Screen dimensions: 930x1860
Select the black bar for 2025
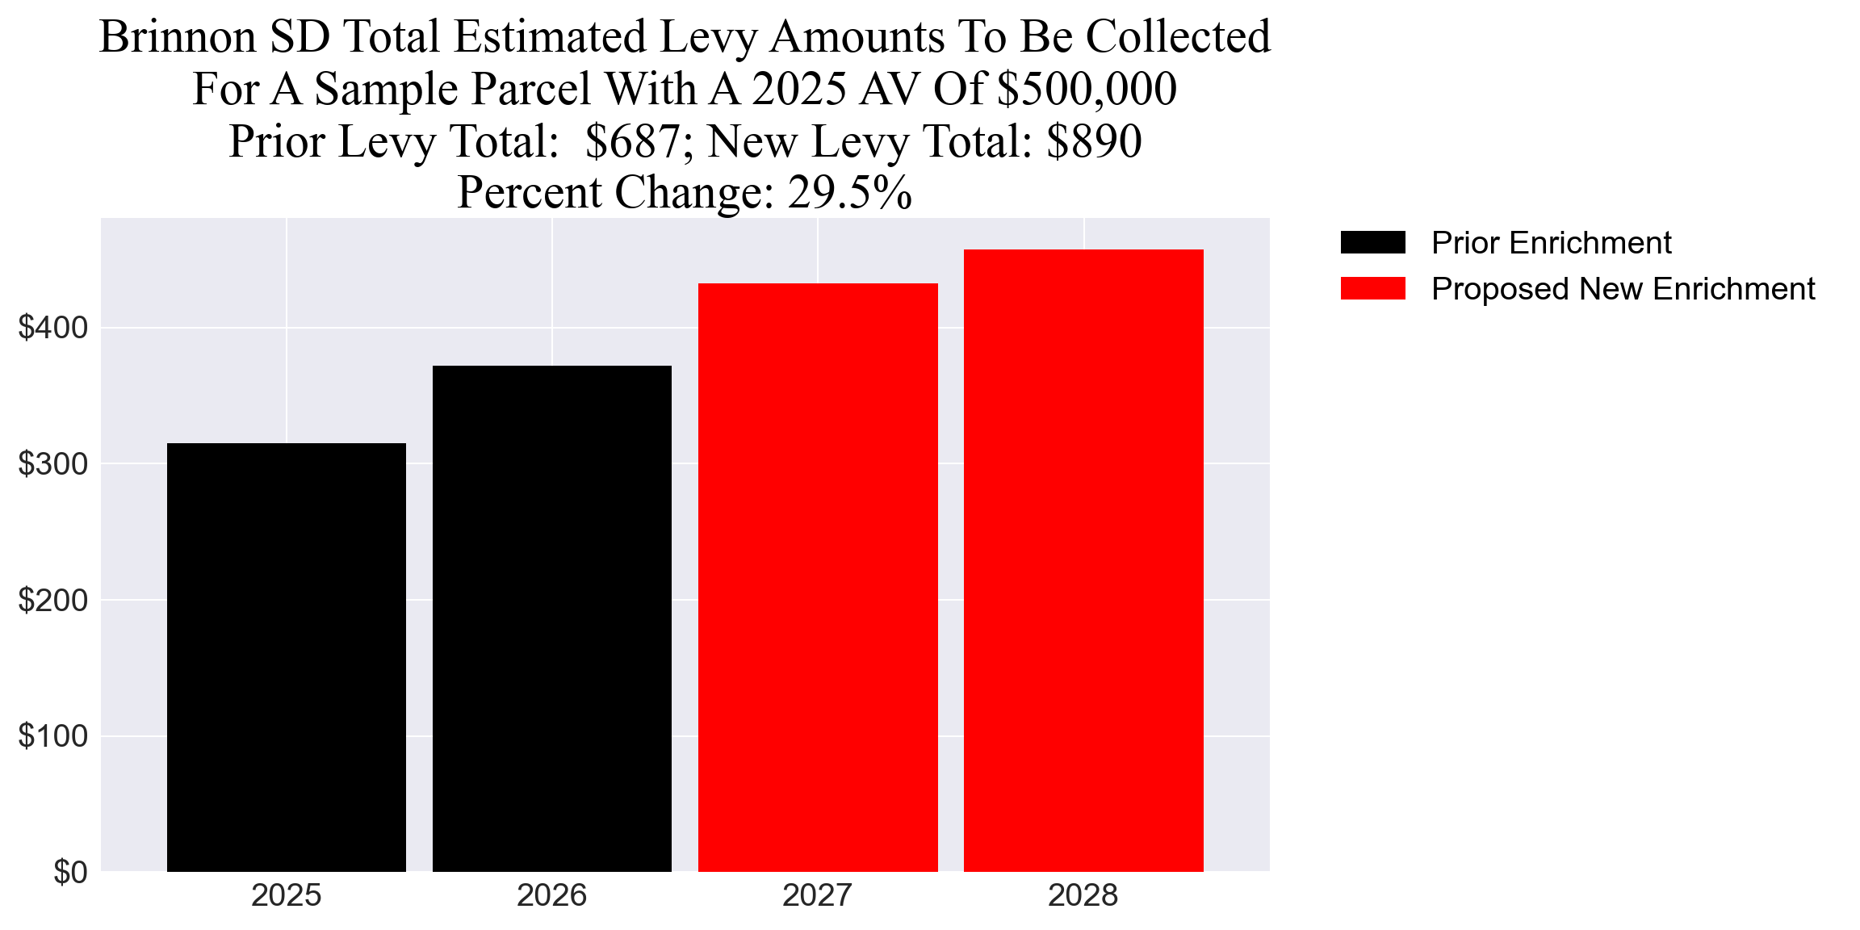click(286, 657)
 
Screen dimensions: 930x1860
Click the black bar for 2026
click(551, 618)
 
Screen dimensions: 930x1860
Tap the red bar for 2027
click(817, 577)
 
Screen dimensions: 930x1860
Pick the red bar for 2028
click(1083, 560)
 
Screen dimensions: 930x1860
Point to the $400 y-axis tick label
click(52, 328)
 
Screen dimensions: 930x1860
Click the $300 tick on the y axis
click(52, 464)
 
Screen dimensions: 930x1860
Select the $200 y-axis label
click(52, 601)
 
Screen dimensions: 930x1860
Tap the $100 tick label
click(52, 736)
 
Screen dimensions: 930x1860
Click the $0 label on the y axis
click(70, 873)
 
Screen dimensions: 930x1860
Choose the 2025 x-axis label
click(286, 896)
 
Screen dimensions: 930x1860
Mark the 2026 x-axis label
click(551, 896)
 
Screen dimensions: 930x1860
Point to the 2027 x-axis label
click(817, 896)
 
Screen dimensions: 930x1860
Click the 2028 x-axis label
click(1083, 896)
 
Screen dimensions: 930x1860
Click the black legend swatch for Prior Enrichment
click(1372, 242)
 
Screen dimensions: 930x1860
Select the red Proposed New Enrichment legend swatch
click(1372, 289)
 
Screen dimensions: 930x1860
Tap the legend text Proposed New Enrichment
click(1623, 289)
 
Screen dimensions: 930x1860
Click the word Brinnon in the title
click(178, 37)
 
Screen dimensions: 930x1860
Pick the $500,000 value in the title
click(1087, 89)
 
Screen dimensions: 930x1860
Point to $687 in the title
click(632, 142)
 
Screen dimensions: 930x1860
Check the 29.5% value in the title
click(849, 193)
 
